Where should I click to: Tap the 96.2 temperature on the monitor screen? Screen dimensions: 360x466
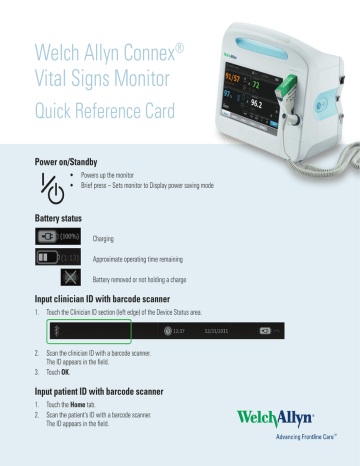click(x=263, y=103)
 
